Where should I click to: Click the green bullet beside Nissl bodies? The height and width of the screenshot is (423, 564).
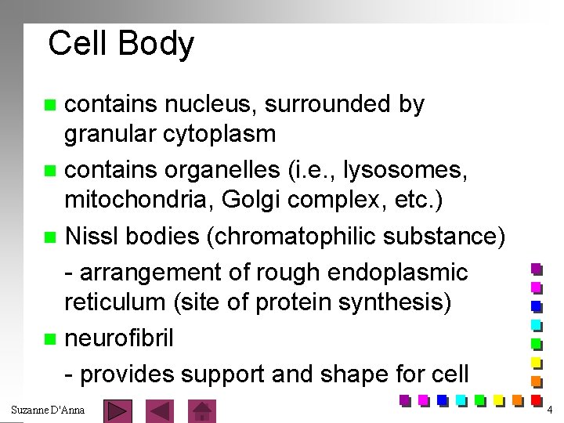tap(51, 235)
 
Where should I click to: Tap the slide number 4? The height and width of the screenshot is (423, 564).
tap(550, 410)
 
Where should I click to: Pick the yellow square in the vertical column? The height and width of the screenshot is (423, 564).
tap(537, 362)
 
